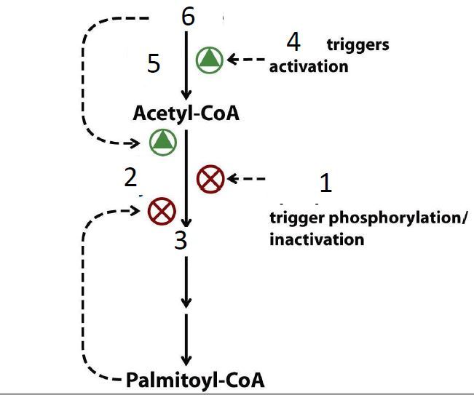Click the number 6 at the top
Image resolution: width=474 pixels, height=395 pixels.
(x=188, y=17)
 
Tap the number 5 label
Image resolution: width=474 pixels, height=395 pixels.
(x=153, y=64)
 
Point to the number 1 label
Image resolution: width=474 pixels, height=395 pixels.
(x=325, y=183)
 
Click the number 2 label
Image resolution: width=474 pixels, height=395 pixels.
(x=130, y=177)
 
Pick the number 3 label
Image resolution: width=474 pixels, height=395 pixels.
(x=181, y=240)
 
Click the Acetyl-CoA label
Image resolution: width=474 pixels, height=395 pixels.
(x=186, y=114)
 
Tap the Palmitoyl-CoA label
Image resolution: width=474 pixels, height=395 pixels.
(x=195, y=380)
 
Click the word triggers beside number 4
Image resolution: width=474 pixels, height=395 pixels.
(x=358, y=44)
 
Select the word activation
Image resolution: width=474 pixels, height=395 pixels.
(x=309, y=67)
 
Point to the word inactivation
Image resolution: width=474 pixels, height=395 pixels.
(x=317, y=239)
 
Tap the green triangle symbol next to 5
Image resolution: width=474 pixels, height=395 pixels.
(x=210, y=60)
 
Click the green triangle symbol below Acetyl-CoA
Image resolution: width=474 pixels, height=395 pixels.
(x=162, y=141)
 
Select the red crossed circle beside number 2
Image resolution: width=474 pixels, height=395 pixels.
(x=161, y=212)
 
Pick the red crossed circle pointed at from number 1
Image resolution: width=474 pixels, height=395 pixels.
(x=211, y=178)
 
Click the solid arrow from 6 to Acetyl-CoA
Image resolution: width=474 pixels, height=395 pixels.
(x=187, y=65)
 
